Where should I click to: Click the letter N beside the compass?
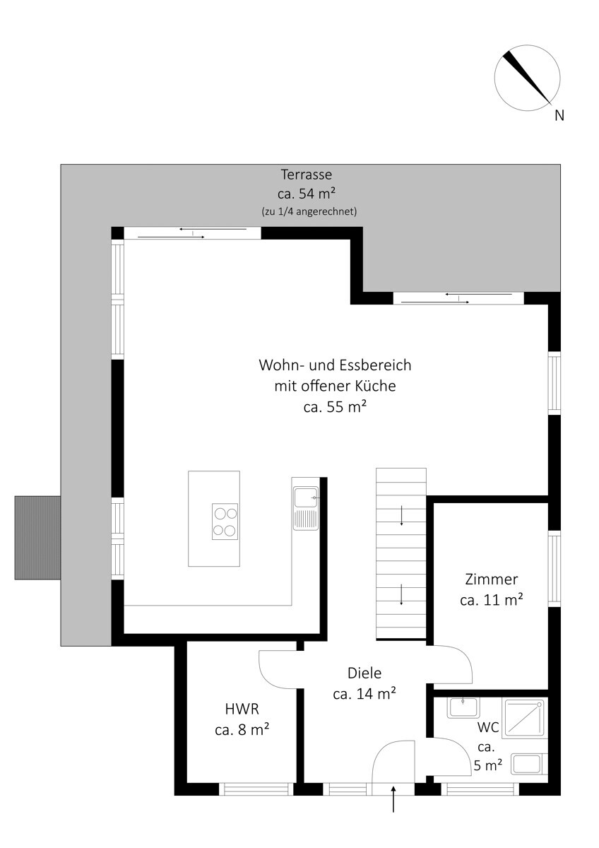(x=559, y=115)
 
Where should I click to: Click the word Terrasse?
(x=306, y=175)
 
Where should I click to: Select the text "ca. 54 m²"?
(x=307, y=194)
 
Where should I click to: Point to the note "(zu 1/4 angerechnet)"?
(x=309, y=211)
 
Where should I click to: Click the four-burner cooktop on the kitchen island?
(x=225, y=521)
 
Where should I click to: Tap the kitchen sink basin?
(x=306, y=497)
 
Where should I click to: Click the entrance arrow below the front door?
(x=393, y=799)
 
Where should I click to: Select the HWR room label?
(x=242, y=709)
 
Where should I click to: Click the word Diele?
(x=364, y=673)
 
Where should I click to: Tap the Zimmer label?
(x=491, y=579)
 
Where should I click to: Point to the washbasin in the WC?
(x=463, y=708)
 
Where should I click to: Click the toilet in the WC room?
(x=529, y=764)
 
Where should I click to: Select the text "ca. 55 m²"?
(x=336, y=407)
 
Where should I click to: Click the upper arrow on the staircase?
(x=401, y=516)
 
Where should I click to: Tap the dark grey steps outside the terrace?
(x=37, y=538)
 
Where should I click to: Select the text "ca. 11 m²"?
(x=491, y=600)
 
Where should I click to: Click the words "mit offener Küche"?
(x=336, y=386)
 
